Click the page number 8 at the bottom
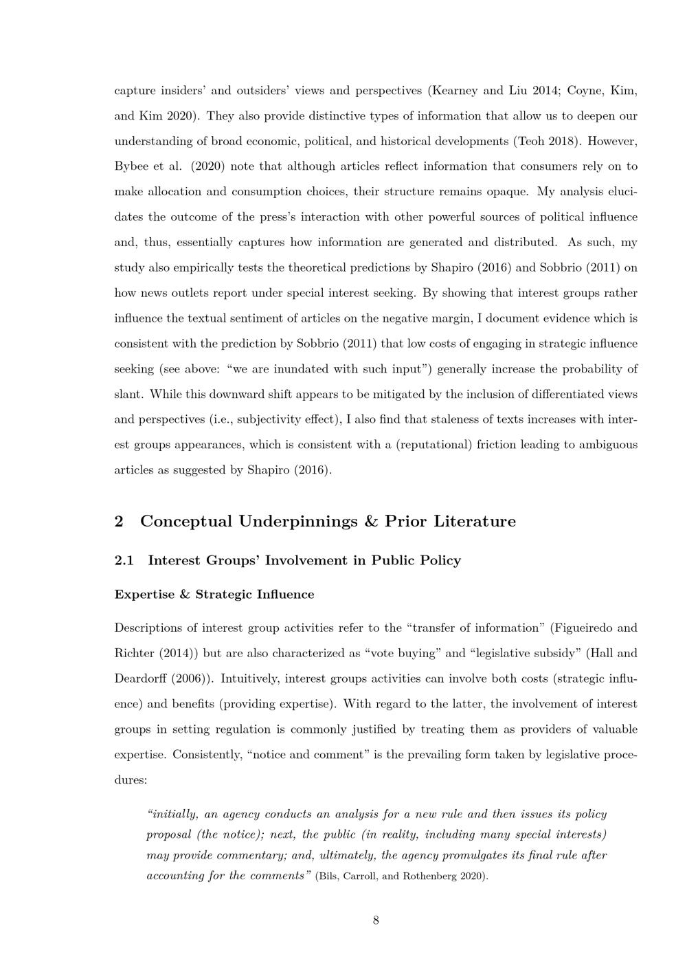pos(376,920)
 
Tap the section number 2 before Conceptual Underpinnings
pos(119,521)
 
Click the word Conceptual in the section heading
pos(185,521)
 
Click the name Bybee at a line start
pos(131,166)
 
